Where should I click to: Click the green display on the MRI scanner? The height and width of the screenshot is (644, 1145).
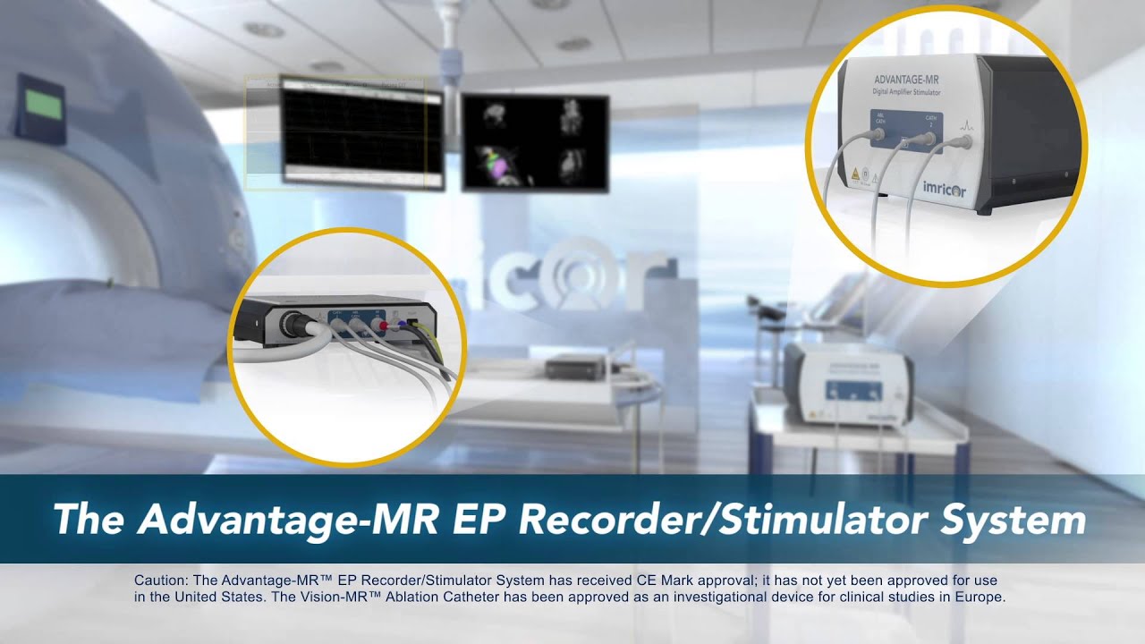tap(44, 106)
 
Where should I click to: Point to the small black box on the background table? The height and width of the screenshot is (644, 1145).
tap(570, 367)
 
